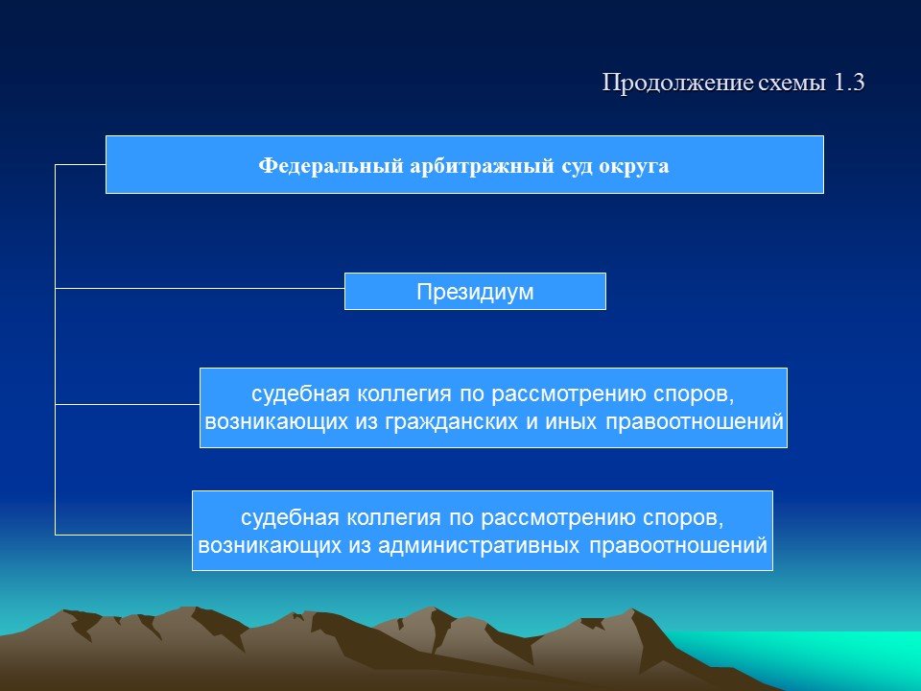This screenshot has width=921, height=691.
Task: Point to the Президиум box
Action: (x=475, y=292)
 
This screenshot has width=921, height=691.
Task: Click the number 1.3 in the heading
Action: (x=849, y=83)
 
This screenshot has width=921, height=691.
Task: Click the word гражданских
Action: (x=452, y=422)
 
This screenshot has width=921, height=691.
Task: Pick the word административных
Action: (x=479, y=546)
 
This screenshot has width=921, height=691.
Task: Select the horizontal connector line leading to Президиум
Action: (x=200, y=289)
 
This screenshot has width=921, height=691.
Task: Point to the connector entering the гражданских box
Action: (x=128, y=404)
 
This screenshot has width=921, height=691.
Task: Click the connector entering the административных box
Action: (x=124, y=535)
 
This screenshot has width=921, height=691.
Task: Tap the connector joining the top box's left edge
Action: (x=81, y=164)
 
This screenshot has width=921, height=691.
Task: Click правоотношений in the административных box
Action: (x=678, y=546)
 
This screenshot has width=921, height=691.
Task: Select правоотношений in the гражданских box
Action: (x=695, y=422)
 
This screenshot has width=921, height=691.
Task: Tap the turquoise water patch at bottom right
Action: (x=822, y=658)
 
